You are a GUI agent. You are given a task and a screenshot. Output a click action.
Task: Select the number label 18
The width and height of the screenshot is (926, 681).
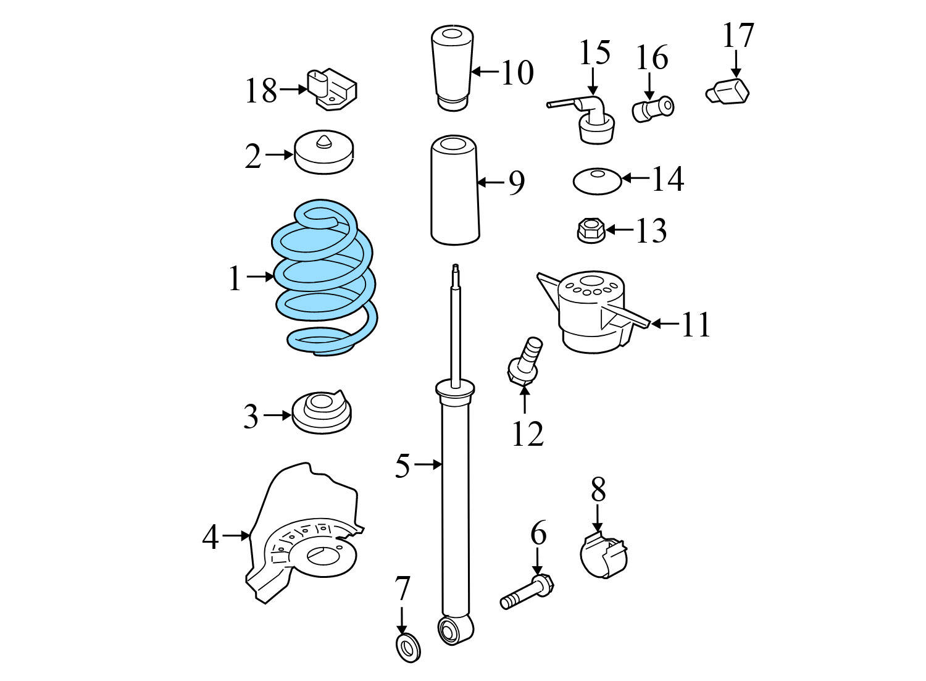coord(261,91)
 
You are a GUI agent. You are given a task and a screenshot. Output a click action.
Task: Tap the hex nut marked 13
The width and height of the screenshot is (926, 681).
coord(590,231)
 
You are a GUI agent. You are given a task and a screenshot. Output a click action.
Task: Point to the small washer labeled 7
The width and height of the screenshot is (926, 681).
coord(407,648)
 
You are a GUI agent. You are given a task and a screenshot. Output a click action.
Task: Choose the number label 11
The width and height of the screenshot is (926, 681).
coord(696,324)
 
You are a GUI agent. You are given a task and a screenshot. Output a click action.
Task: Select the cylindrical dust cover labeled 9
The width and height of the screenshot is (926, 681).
coord(454,191)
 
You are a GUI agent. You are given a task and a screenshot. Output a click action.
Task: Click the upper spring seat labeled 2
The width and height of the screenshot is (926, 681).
coord(323,154)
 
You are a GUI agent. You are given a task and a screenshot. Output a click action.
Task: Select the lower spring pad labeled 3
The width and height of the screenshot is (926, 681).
coord(322,412)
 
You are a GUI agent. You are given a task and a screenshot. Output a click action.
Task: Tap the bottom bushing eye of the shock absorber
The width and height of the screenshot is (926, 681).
coord(455,630)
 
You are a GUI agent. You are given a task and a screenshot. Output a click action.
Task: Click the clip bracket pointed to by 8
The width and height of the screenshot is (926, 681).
coord(604,556)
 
